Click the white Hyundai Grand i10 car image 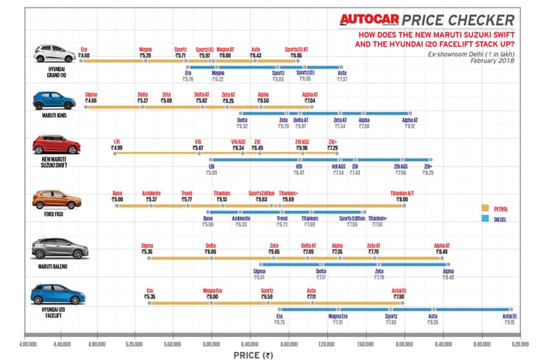click(52, 54)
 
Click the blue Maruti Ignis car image click(52, 100)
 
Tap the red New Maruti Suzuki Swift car click(52, 145)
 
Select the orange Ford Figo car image click(52, 199)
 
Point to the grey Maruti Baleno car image click(52, 249)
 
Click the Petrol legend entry click(499, 209)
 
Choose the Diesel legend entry click(499, 219)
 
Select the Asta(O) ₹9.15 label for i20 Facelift click(509, 319)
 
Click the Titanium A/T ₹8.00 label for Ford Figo click(402, 195)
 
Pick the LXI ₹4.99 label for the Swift click(117, 145)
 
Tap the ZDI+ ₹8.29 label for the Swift click(428, 169)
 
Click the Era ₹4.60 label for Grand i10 click(83, 52)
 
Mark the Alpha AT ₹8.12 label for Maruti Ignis click(409, 123)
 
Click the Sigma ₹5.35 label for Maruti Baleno click(146, 249)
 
